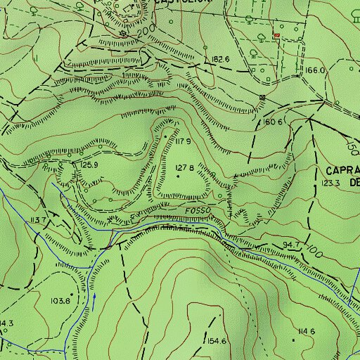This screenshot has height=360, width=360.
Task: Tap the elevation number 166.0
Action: tap(316, 70)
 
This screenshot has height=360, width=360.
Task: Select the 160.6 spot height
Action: tap(273, 122)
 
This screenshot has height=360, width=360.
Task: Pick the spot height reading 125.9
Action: tap(88, 165)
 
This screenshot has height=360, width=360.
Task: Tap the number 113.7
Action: tap(37, 220)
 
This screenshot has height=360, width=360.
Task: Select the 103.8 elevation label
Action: tap(60, 300)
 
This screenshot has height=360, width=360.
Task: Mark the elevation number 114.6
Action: tap(306, 331)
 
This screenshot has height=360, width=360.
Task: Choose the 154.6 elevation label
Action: tap(216, 341)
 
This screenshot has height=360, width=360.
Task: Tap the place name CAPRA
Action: tap(343, 170)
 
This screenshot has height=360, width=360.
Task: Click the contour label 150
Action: tap(351, 148)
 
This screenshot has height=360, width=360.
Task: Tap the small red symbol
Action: tap(276, 34)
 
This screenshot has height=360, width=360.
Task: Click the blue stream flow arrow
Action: tap(94, 300)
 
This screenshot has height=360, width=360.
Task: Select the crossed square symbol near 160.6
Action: tap(262, 97)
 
